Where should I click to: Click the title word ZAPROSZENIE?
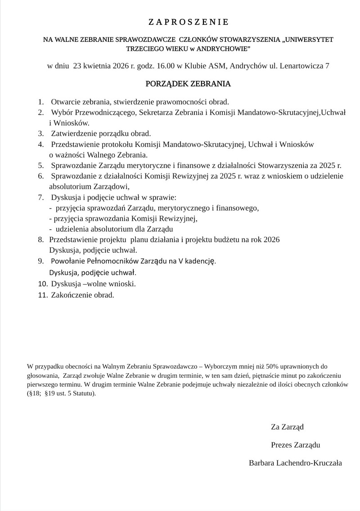coord(189,22)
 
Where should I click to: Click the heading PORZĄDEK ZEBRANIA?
coord(188,84)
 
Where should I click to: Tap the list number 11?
coord(43,295)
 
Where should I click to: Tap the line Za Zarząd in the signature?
coord(288,427)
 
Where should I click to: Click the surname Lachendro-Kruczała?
coord(311,462)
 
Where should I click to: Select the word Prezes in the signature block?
coord(281,445)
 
